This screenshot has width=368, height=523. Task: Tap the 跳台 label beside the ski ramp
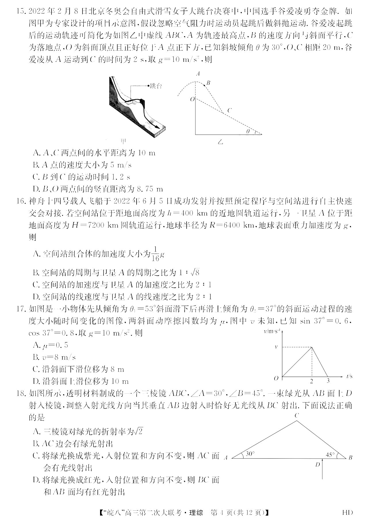point(156,86)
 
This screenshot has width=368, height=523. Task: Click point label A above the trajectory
point(198,74)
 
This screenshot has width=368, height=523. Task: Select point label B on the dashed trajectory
point(208,83)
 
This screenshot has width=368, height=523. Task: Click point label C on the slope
point(229,110)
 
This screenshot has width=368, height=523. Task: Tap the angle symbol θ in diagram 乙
point(248,131)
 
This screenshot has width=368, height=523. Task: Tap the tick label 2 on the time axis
point(311,381)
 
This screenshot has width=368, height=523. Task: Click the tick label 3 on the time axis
point(328,381)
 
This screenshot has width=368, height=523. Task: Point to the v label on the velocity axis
point(276,347)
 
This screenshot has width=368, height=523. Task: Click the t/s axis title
point(349,376)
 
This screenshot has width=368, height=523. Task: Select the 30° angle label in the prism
point(250,454)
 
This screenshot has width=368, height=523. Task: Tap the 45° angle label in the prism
point(330,455)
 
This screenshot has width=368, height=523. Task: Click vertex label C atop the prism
point(296,415)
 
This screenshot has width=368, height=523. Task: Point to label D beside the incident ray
point(317,464)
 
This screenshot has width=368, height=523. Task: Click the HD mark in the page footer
point(347,512)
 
